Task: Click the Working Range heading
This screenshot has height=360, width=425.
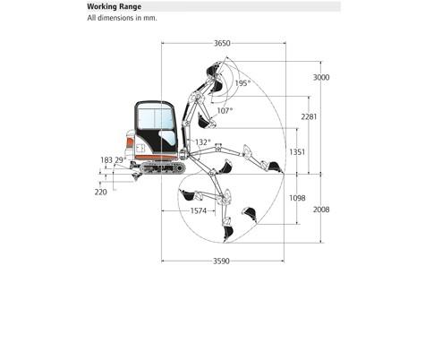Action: point(115,6)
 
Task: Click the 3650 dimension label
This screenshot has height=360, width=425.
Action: point(222,43)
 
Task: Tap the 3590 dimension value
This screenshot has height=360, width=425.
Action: point(221,261)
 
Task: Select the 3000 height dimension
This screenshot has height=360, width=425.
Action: point(321,78)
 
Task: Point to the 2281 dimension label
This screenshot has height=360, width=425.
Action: point(309,116)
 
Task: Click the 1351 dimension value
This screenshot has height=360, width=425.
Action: point(297,152)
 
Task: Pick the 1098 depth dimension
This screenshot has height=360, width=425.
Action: point(297,198)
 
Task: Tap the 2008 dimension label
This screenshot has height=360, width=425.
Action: point(321,210)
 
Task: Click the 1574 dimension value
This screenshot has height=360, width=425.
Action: point(199,211)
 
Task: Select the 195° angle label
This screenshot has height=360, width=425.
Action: point(242,83)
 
